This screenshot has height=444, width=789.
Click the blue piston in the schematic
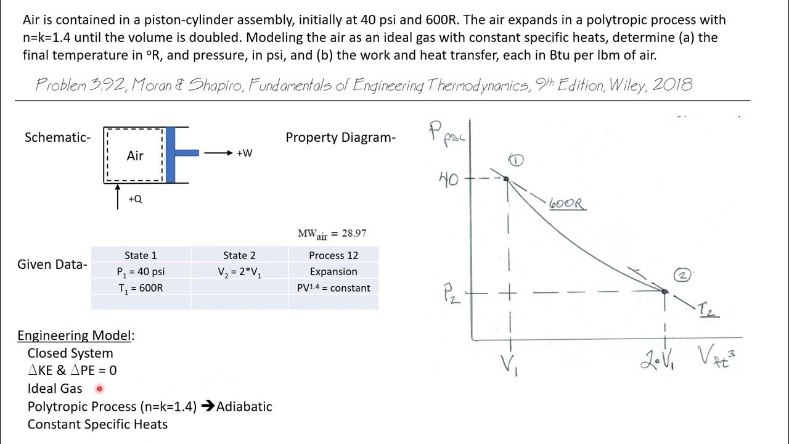pyautogui.click(x=171, y=154)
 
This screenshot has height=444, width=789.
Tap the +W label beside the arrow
pyautogui.click(x=244, y=153)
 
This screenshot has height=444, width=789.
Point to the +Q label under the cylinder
pyautogui.click(x=135, y=199)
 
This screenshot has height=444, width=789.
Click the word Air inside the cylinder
pyautogui.click(x=135, y=155)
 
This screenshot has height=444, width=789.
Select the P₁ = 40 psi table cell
pyautogui.click(x=141, y=271)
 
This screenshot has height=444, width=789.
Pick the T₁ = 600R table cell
pyautogui.click(x=141, y=287)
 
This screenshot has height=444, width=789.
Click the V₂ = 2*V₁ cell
pyautogui.click(x=239, y=271)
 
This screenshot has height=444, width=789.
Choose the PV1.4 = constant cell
pyautogui.click(x=333, y=287)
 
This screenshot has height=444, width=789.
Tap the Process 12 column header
pyautogui.click(x=333, y=255)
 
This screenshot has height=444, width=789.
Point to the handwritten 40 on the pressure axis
pyautogui.click(x=448, y=179)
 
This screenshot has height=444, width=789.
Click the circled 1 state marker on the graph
pyautogui.click(x=516, y=161)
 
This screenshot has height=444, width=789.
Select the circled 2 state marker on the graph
pyautogui.click(x=682, y=275)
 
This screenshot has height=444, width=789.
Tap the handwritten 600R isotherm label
pyautogui.click(x=566, y=203)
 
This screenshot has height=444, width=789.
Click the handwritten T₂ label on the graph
pyautogui.click(x=707, y=310)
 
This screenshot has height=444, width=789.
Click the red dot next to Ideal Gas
pyautogui.click(x=99, y=388)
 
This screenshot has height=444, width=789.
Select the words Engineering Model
pyautogui.click(x=75, y=335)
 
